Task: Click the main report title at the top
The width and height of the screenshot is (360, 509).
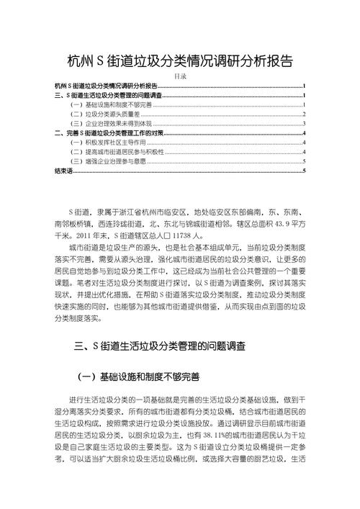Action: point(179,61)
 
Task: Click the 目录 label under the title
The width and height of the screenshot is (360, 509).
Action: point(181,76)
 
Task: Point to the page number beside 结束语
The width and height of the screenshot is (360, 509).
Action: point(305,171)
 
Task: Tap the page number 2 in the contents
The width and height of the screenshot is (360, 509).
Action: point(305,114)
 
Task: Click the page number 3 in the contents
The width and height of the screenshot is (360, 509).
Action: point(305,123)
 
